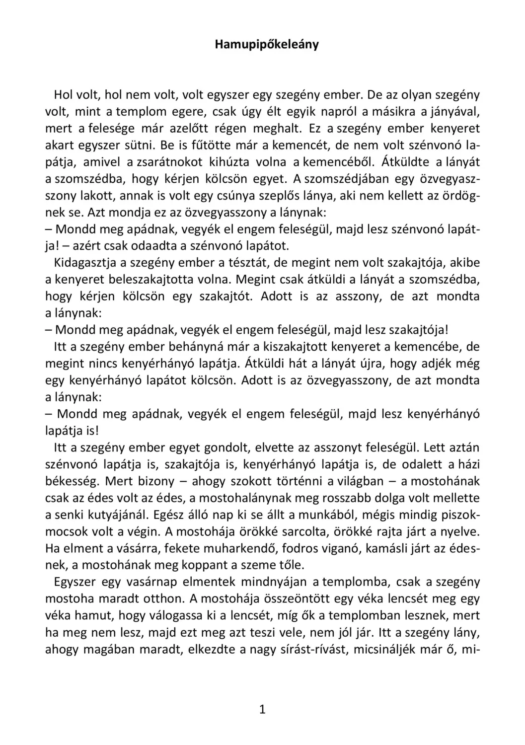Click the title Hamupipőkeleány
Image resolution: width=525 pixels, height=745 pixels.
(x=267, y=44)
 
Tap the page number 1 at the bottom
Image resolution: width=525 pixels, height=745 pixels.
(x=262, y=709)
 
